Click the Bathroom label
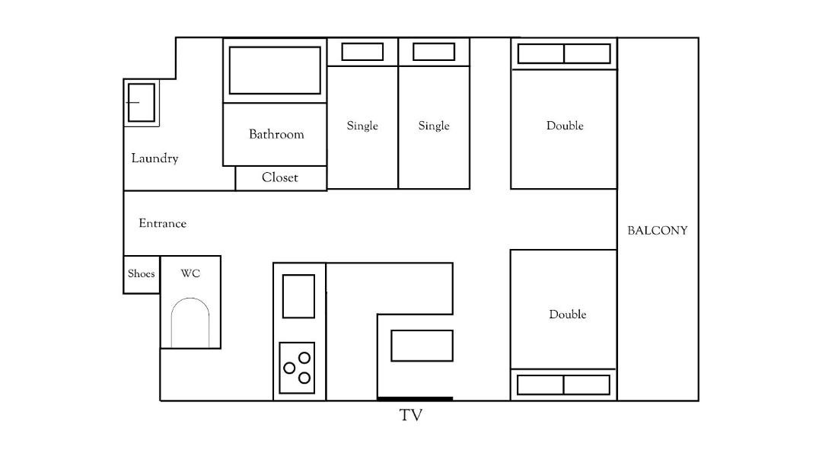[276, 134]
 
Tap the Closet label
[280, 177]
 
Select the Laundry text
[155, 158]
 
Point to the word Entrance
[163, 223]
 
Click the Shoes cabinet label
[141, 273]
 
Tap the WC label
[190, 273]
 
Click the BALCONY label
[658, 230]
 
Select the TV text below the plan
[411, 415]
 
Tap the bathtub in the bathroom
[275, 70]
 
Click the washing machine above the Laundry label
[141, 102]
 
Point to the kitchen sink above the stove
[299, 296]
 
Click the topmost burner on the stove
[304, 358]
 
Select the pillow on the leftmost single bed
[362, 52]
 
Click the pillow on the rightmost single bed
[434, 52]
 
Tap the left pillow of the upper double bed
[540, 53]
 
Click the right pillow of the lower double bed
[587, 385]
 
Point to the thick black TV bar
[416, 399]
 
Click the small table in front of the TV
[422, 346]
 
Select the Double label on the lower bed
[567, 315]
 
